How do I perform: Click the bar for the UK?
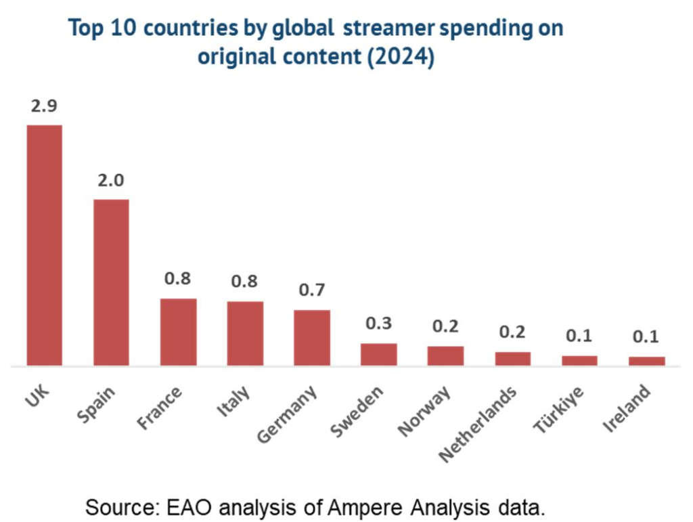click(x=44, y=245)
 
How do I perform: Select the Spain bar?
click(x=111, y=282)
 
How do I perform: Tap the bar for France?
click(x=178, y=332)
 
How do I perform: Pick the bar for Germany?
click(x=311, y=337)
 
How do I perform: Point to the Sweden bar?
click(x=378, y=354)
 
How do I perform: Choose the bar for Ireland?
click(x=646, y=361)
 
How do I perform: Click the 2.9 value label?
click(x=44, y=107)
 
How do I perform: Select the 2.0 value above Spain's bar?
click(x=111, y=181)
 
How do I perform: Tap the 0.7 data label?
click(x=311, y=290)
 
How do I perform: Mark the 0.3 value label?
click(x=378, y=324)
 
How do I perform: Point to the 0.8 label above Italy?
click(x=244, y=281)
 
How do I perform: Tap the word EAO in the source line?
click(x=191, y=506)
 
